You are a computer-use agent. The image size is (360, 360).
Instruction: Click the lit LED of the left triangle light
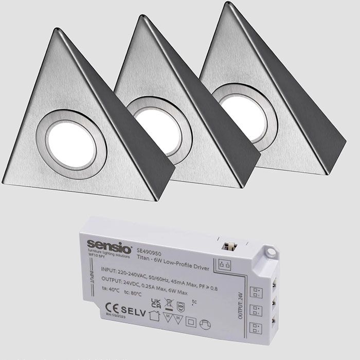coord(73,146)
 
